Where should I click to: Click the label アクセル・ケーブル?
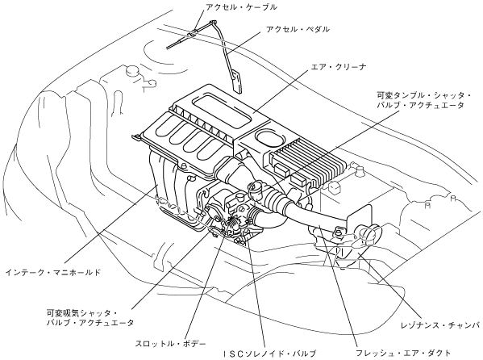(x=242, y=7)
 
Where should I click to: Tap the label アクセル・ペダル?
(x=298, y=29)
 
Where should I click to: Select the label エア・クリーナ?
(x=339, y=67)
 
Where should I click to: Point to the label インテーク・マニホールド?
(x=53, y=272)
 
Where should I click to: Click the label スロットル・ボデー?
(x=170, y=343)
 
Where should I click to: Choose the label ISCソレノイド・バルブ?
(x=270, y=354)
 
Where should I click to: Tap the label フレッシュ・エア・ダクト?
(x=403, y=353)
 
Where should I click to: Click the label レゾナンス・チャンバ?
(x=441, y=325)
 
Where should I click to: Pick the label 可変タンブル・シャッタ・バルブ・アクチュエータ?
(x=424, y=100)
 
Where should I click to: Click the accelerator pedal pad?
(x=237, y=82)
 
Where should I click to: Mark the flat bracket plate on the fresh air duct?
(x=358, y=220)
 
